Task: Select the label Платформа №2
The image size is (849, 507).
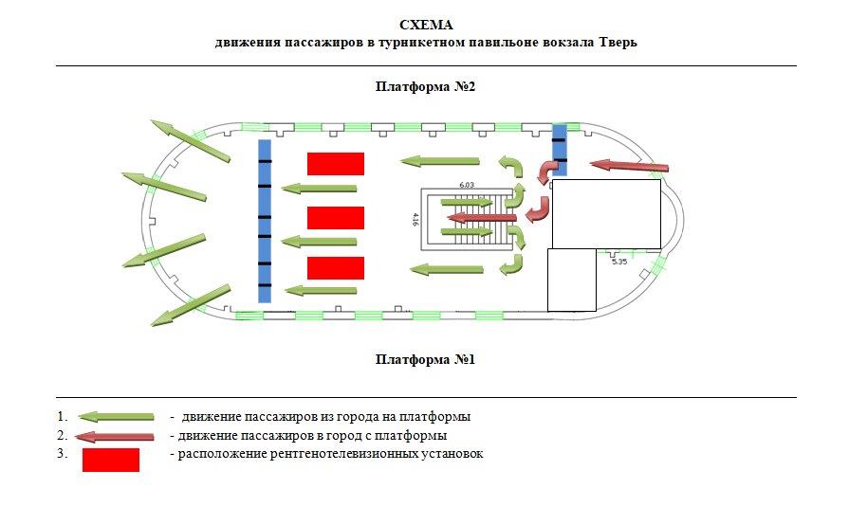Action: tap(424, 86)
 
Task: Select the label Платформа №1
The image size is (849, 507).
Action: tap(424, 359)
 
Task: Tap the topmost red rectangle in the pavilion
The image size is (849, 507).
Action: tap(336, 164)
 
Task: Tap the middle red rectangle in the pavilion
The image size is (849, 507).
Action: tap(336, 217)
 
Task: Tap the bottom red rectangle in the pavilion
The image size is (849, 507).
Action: tap(336, 268)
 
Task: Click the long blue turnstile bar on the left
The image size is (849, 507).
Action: tap(265, 221)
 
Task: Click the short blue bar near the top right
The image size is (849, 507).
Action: tap(560, 150)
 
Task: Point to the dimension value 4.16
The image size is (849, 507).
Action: tap(415, 220)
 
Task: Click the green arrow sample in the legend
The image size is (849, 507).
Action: tap(116, 416)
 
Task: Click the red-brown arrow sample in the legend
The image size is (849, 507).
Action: tap(116, 436)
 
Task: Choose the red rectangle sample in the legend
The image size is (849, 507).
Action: tap(111, 460)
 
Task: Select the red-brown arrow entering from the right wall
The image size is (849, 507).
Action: tap(629, 167)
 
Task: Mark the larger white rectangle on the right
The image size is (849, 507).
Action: tap(606, 213)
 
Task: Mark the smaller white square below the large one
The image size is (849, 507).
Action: tap(572, 280)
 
